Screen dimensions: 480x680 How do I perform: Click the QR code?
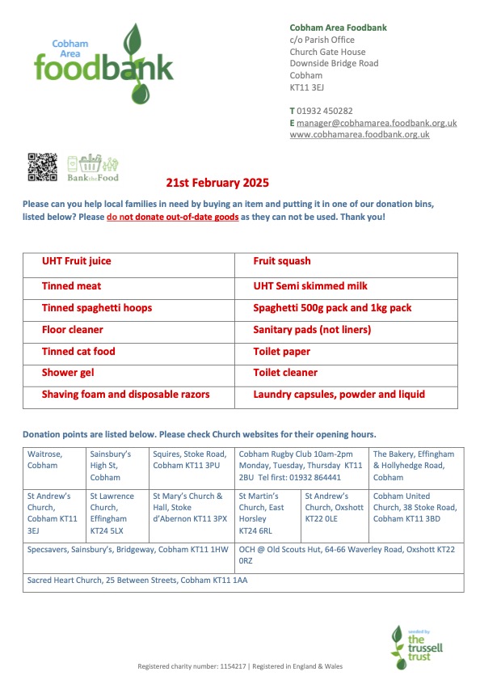(43, 167)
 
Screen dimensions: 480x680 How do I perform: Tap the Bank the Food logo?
(93, 168)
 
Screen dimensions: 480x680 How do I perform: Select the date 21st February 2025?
(217, 184)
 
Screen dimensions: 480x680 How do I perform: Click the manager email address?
(377, 123)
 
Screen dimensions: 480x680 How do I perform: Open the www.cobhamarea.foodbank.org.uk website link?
(360, 135)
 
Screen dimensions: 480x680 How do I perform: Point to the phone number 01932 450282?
(325, 111)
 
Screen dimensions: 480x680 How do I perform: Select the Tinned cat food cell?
(78, 352)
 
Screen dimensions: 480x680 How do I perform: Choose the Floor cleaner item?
(73, 330)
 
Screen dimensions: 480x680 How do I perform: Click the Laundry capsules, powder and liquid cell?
(339, 395)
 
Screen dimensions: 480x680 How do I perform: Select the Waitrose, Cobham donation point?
(45, 460)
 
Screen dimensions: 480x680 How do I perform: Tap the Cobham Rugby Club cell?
(301, 466)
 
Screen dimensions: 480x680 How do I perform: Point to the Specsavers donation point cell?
(128, 549)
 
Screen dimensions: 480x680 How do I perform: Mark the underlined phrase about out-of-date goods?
(173, 218)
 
